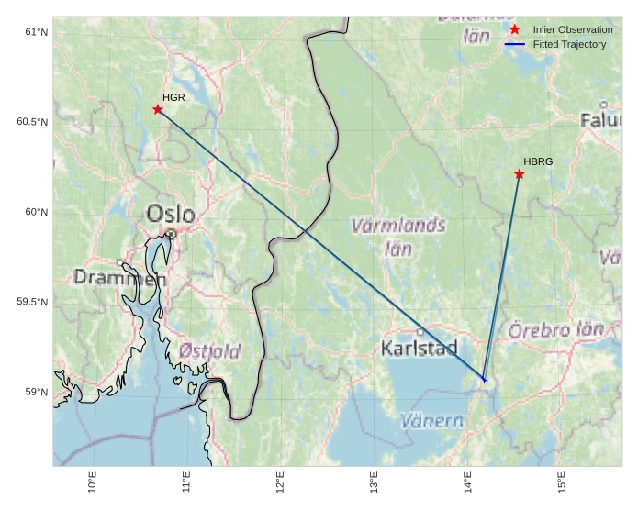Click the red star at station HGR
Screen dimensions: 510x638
(158, 109)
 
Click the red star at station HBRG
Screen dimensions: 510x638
(520, 174)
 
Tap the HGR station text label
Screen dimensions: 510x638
(173, 96)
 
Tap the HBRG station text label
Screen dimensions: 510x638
(538, 161)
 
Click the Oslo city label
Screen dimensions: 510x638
(171, 215)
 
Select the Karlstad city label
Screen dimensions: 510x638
(419, 349)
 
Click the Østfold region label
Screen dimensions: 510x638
(209, 350)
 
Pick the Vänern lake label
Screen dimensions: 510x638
(432, 421)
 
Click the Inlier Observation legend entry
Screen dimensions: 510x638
(572, 30)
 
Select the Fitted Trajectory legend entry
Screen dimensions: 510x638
(569, 44)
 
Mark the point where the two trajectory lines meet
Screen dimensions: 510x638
(484, 379)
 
